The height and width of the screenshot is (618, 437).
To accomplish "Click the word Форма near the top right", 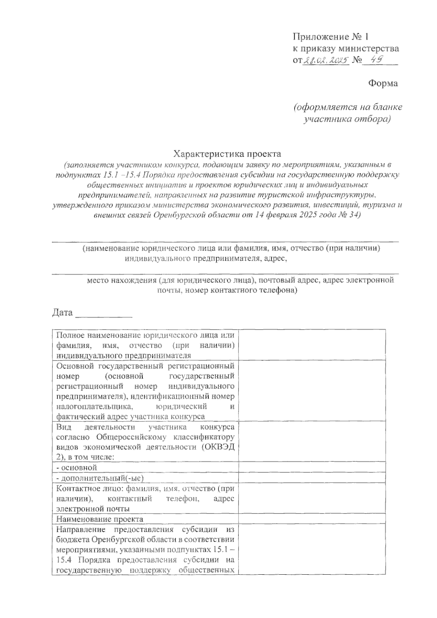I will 383,83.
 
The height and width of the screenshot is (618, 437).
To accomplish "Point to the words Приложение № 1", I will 331,36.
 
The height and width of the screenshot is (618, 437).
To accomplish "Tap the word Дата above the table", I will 63,313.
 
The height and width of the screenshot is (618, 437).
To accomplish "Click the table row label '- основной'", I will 77,467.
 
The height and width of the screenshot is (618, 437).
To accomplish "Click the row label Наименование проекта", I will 100,519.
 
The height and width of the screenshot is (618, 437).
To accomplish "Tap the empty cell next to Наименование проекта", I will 312,519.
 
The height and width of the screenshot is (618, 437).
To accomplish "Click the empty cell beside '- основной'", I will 312,467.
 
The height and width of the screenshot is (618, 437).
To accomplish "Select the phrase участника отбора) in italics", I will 347,119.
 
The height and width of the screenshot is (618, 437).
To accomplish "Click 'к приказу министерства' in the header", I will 346,48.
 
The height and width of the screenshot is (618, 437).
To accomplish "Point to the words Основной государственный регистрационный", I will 145,365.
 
